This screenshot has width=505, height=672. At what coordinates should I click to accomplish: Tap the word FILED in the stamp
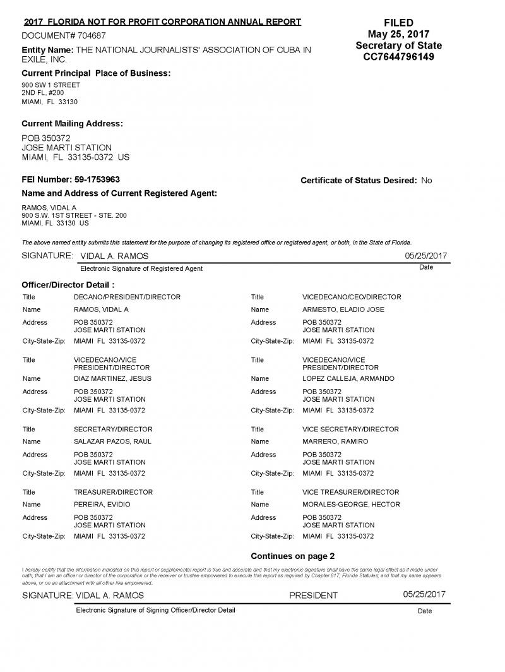(398, 23)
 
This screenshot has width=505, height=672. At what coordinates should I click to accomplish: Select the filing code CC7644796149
(398, 57)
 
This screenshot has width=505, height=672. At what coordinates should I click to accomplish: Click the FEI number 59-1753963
(97, 179)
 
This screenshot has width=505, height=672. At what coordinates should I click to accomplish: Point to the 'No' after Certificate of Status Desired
(427, 181)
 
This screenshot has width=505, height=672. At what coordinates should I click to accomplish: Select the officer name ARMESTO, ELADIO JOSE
(343, 309)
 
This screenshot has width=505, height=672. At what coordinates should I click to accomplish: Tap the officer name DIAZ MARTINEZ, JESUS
(112, 379)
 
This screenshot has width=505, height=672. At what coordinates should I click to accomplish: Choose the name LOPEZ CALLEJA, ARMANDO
(348, 379)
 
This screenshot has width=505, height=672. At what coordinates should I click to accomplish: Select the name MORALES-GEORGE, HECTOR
(351, 505)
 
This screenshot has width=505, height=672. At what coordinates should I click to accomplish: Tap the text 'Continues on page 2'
(292, 556)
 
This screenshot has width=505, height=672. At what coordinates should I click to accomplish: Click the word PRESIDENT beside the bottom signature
(313, 596)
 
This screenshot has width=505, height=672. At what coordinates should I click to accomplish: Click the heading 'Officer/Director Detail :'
(68, 285)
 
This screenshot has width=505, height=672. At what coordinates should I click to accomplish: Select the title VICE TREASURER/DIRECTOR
(350, 492)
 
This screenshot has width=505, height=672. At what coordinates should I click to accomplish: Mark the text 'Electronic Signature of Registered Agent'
(141, 268)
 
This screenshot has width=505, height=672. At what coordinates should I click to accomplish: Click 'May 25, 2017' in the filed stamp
(398, 34)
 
